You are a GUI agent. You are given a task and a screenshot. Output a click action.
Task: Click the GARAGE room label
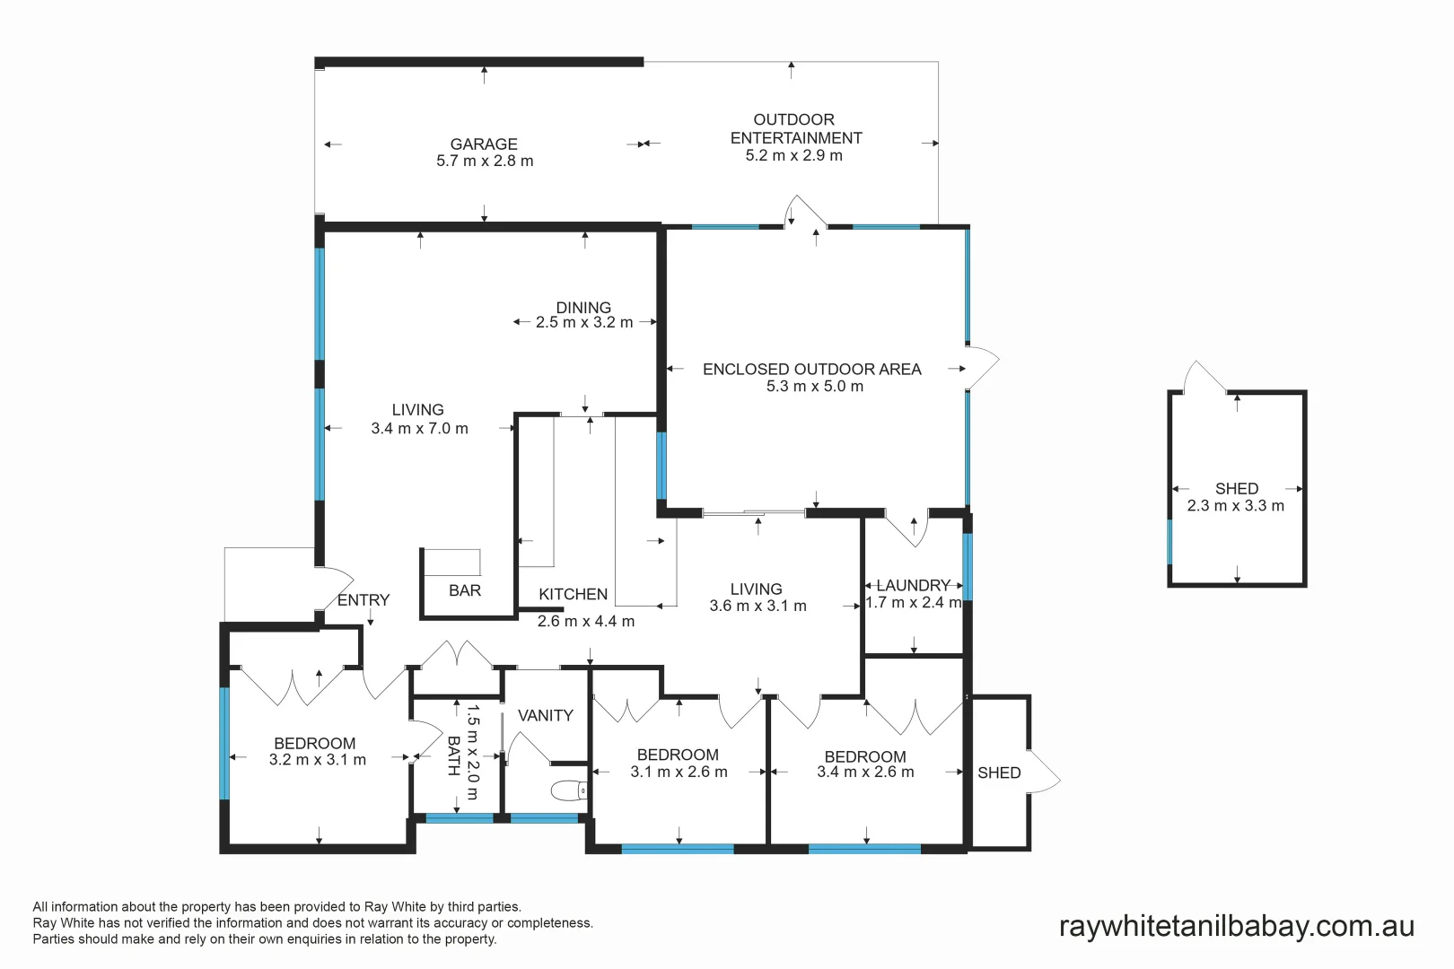(x=484, y=144)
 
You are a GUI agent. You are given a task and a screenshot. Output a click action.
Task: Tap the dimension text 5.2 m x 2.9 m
(x=793, y=155)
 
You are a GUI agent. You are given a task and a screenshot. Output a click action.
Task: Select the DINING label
(x=583, y=307)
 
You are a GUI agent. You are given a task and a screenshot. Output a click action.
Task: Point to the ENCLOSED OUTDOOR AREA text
(x=811, y=369)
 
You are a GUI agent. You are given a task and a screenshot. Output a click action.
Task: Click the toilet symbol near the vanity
(x=568, y=790)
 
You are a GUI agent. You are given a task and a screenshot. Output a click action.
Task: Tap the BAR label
(x=464, y=590)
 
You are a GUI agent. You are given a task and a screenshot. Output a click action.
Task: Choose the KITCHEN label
(x=573, y=594)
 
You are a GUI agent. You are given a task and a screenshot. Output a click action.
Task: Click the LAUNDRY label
(x=913, y=585)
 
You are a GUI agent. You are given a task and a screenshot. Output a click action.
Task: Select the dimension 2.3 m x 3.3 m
(x=1235, y=506)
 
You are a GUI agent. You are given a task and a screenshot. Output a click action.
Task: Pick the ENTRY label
(x=363, y=599)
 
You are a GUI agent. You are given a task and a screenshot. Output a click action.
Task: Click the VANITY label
(x=545, y=715)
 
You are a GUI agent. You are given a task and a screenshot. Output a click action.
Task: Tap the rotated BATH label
(x=453, y=755)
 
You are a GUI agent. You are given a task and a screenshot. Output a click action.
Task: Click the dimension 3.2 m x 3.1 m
(x=317, y=760)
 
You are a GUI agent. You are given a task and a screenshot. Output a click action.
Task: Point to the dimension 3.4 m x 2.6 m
(x=865, y=772)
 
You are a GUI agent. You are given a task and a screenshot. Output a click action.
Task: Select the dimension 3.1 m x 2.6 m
(x=679, y=772)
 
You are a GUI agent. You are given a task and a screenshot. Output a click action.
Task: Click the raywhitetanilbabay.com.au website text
(x=1236, y=926)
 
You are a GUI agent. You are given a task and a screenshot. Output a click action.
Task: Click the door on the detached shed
(x=1203, y=377)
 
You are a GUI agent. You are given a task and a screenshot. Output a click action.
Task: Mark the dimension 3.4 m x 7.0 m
(x=419, y=429)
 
